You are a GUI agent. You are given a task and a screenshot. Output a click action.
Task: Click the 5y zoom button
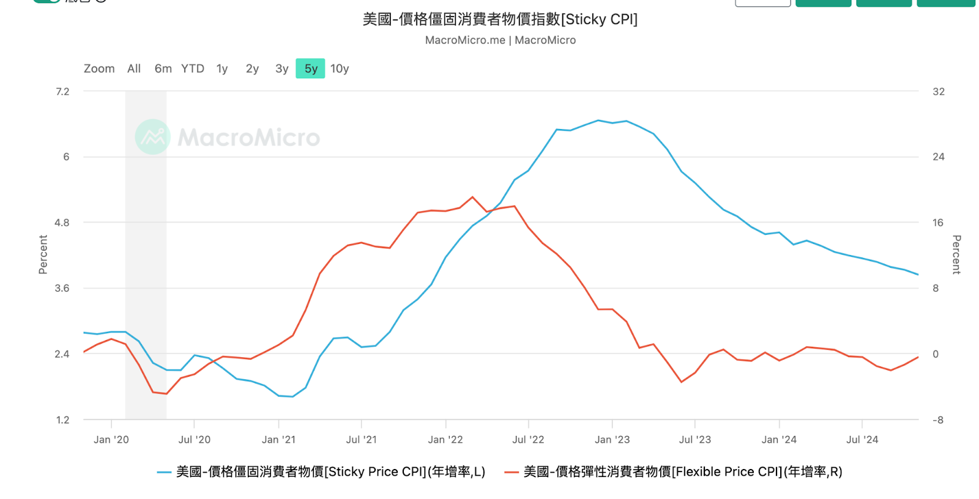pyautogui.click(x=310, y=68)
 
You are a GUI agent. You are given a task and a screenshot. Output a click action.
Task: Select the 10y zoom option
pyautogui.click(x=340, y=68)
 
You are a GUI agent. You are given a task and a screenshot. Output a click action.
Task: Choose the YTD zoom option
pyautogui.click(x=192, y=68)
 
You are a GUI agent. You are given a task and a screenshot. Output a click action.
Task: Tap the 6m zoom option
pyautogui.click(x=163, y=68)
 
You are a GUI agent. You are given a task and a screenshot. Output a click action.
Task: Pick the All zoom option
pyautogui.click(x=134, y=68)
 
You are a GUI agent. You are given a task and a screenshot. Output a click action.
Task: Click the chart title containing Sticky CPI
pyautogui.click(x=500, y=20)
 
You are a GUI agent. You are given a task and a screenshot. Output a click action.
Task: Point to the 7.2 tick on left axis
pyautogui.click(x=62, y=92)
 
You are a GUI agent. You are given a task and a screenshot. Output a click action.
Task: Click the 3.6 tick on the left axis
pyautogui.click(x=62, y=288)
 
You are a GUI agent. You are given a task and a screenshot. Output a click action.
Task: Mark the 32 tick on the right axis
pyautogui.click(x=938, y=92)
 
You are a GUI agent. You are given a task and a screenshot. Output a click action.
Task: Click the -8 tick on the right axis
pyautogui.click(x=937, y=420)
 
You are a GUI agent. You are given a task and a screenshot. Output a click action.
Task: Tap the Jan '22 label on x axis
pyautogui.click(x=445, y=440)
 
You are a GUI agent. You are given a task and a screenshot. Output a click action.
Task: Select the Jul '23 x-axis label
pyautogui.click(x=694, y=440)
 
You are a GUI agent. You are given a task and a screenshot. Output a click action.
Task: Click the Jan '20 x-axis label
pyautogui.click(x=111, y=440)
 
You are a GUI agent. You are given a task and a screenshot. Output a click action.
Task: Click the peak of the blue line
pyautogui.click(x=598, y=120)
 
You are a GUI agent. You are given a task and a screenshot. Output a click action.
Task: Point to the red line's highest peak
pyautogui.click(x=472, y=197)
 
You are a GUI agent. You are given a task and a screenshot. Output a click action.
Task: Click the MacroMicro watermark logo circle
pyautogui.click(x=152, y=137)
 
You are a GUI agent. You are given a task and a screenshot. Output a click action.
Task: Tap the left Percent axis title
pyautogui.click(x=43, y=254)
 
